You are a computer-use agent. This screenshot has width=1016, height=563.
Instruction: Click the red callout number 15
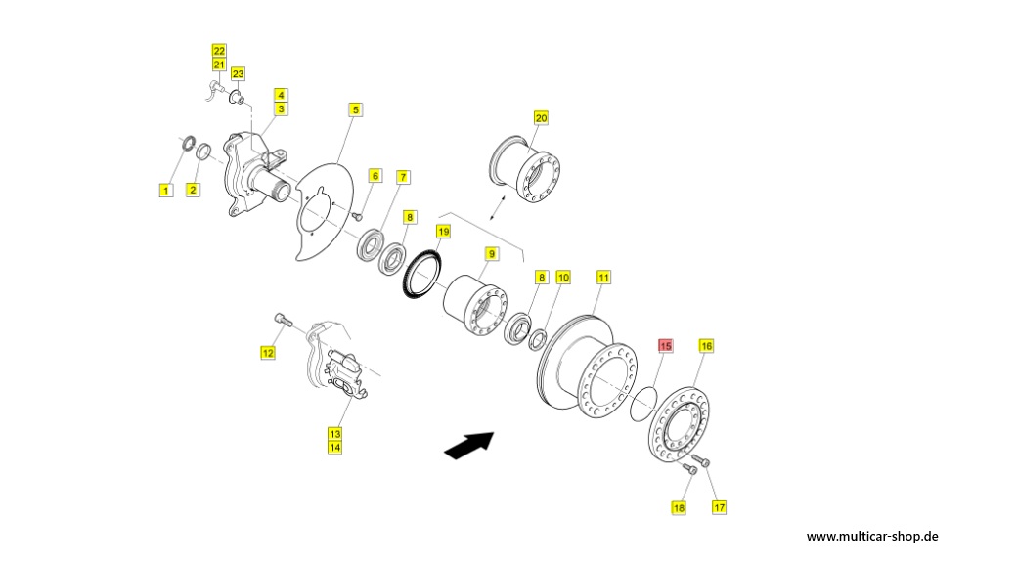coord(666,346)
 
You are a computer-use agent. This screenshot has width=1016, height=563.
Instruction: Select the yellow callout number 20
coord(541,118)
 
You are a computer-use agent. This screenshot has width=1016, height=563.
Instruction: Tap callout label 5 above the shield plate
coord(355,110)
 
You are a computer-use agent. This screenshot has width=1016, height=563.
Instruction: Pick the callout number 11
coord(603,278)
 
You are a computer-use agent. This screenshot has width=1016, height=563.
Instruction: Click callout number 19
coord(443,232)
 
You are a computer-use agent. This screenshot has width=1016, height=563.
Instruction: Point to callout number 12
coord(268,353)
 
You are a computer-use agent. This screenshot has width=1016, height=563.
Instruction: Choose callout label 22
coord(219,51)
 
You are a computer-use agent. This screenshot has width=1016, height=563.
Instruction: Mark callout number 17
coord(719,507)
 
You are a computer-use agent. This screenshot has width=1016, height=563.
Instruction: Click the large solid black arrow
coord(469,445)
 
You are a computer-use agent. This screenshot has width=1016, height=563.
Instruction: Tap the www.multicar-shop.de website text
coord(872,537)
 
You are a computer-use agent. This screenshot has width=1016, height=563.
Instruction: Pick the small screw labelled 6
coord(356,216)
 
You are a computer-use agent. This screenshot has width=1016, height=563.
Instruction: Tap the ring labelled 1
coord(188,143)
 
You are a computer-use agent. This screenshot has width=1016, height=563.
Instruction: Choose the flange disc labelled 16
coord(679,425)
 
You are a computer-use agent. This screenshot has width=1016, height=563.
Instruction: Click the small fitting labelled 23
coord(238,98)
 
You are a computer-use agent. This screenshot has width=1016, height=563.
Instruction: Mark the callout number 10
coord(563,278)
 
